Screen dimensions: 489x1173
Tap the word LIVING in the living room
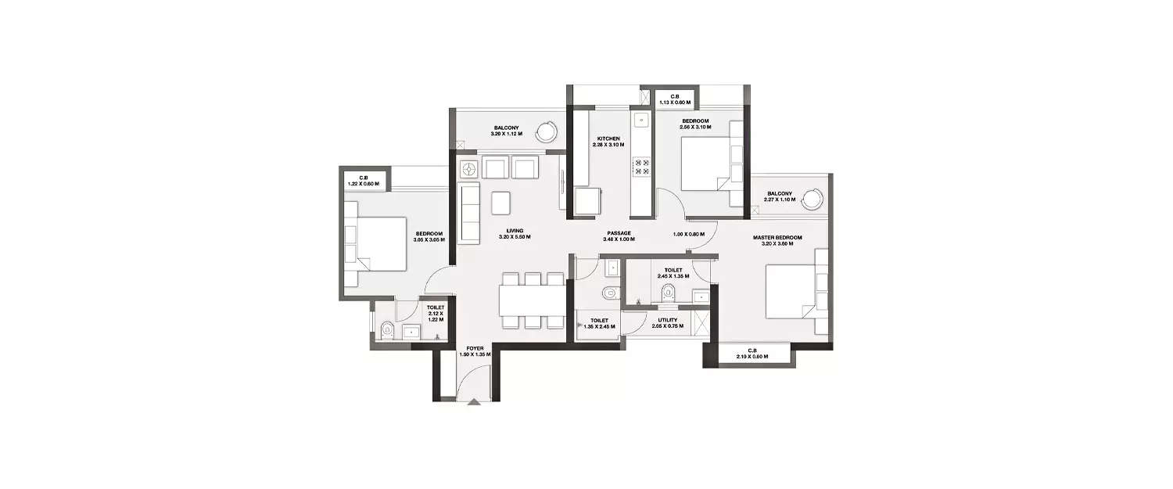[x=514, y=231]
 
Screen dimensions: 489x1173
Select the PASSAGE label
[x=618, y=232]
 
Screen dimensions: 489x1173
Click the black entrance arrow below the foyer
[x=474, y=404]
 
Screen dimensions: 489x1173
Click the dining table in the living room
[x=532, y=300]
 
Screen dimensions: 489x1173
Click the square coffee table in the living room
[x=501, y=203]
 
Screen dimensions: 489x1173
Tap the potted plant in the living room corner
[x=468, y=168]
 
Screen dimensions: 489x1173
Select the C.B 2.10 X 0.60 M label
[x=751, y=353]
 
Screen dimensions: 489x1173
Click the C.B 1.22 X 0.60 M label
[x=364, y=181]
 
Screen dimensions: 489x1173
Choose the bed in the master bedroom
[x=790, y=292]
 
